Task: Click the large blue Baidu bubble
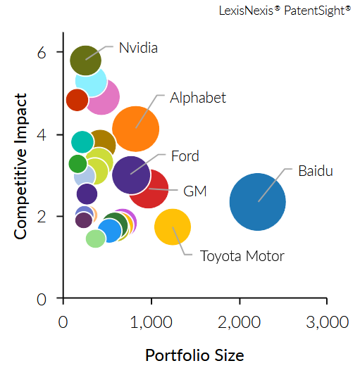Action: coord(258,202)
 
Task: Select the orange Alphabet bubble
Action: coord(136,128)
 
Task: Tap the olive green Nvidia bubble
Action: coord(86,60)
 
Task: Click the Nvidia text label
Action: coord(138,48)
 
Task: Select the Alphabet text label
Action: coord(198,98)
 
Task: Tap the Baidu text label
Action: coord(315,170)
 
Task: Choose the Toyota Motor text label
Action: coord(242,255)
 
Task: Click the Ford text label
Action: coord(185,156)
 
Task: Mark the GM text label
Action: coord(194,191)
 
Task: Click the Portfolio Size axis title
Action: coord(194,355)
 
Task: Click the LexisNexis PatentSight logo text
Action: coord(285,11)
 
